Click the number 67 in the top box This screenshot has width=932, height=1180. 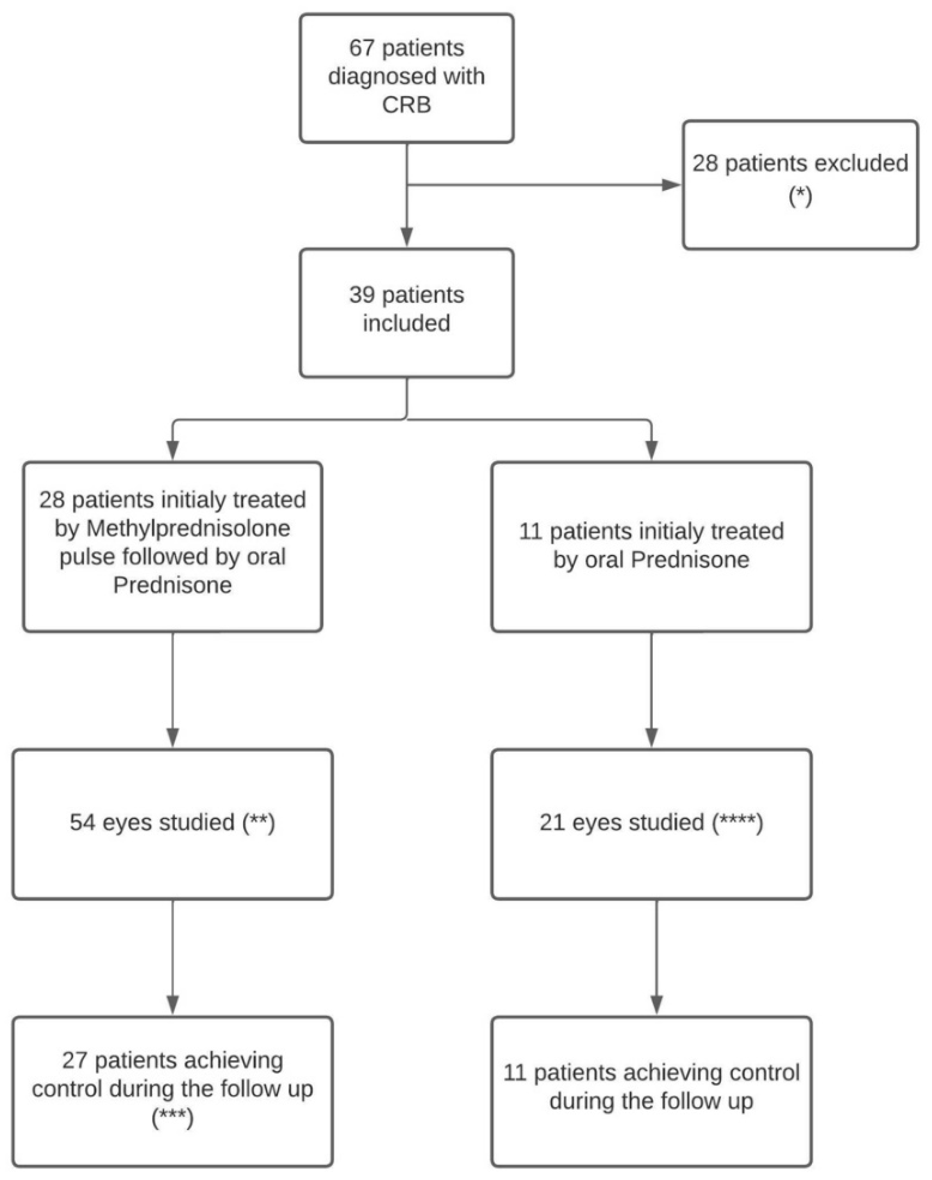click(x=362, y=48)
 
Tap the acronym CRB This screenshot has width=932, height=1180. click(x=407, y=105)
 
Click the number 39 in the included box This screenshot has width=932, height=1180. click(x=362, y=295)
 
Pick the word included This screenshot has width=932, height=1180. click(x=407, y=324)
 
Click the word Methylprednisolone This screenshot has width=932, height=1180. click(x=188, y=528)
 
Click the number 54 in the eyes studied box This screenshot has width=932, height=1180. click(x=82, y=822)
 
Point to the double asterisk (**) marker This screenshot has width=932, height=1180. click(x=258, y=822)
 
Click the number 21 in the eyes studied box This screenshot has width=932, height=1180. click(x=552, y=822)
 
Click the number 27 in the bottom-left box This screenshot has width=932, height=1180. click(x=75, y=1060)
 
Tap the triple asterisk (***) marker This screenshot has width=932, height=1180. click(x=172, y=1118)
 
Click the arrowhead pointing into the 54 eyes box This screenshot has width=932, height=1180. click(x=173, y=738)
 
